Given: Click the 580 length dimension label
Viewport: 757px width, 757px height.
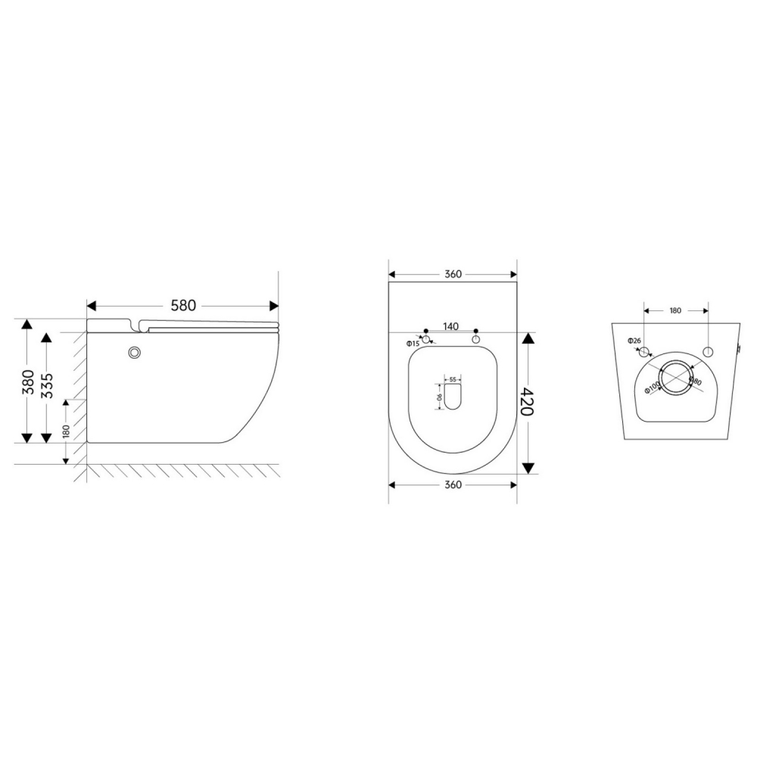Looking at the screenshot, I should [x=183, y=305].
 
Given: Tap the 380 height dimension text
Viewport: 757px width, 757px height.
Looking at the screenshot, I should [x=27, y=382].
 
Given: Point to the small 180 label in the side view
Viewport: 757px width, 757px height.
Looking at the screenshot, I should [x=67, y=431].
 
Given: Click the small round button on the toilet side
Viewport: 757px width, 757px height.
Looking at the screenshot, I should [x=136, y=352].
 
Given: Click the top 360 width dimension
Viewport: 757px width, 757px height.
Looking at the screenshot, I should [x=453, y=274].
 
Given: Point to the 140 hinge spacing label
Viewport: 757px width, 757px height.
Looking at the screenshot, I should [x=450, y=326].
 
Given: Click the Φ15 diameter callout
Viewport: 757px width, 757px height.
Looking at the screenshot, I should [x=413, y=344].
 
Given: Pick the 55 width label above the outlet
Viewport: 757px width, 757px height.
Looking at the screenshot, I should [x=452, y=379].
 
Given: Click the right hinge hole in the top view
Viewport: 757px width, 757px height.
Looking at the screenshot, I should [x=476, y=340].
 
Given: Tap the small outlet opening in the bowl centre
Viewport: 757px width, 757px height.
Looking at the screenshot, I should [x=453, y=397].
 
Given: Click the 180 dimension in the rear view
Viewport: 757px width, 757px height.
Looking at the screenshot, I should [x=675, y=310].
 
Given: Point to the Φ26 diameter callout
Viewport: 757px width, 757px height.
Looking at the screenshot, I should [x=634, y=341].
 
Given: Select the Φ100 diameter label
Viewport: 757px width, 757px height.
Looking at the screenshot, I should [x=652, y=387].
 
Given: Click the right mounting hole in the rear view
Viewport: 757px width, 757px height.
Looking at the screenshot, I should [x=709, y=352].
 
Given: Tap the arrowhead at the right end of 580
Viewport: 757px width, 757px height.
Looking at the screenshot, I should [x=273, y=305].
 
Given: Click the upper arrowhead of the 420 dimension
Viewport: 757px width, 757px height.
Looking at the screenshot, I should [x=528, y=338].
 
